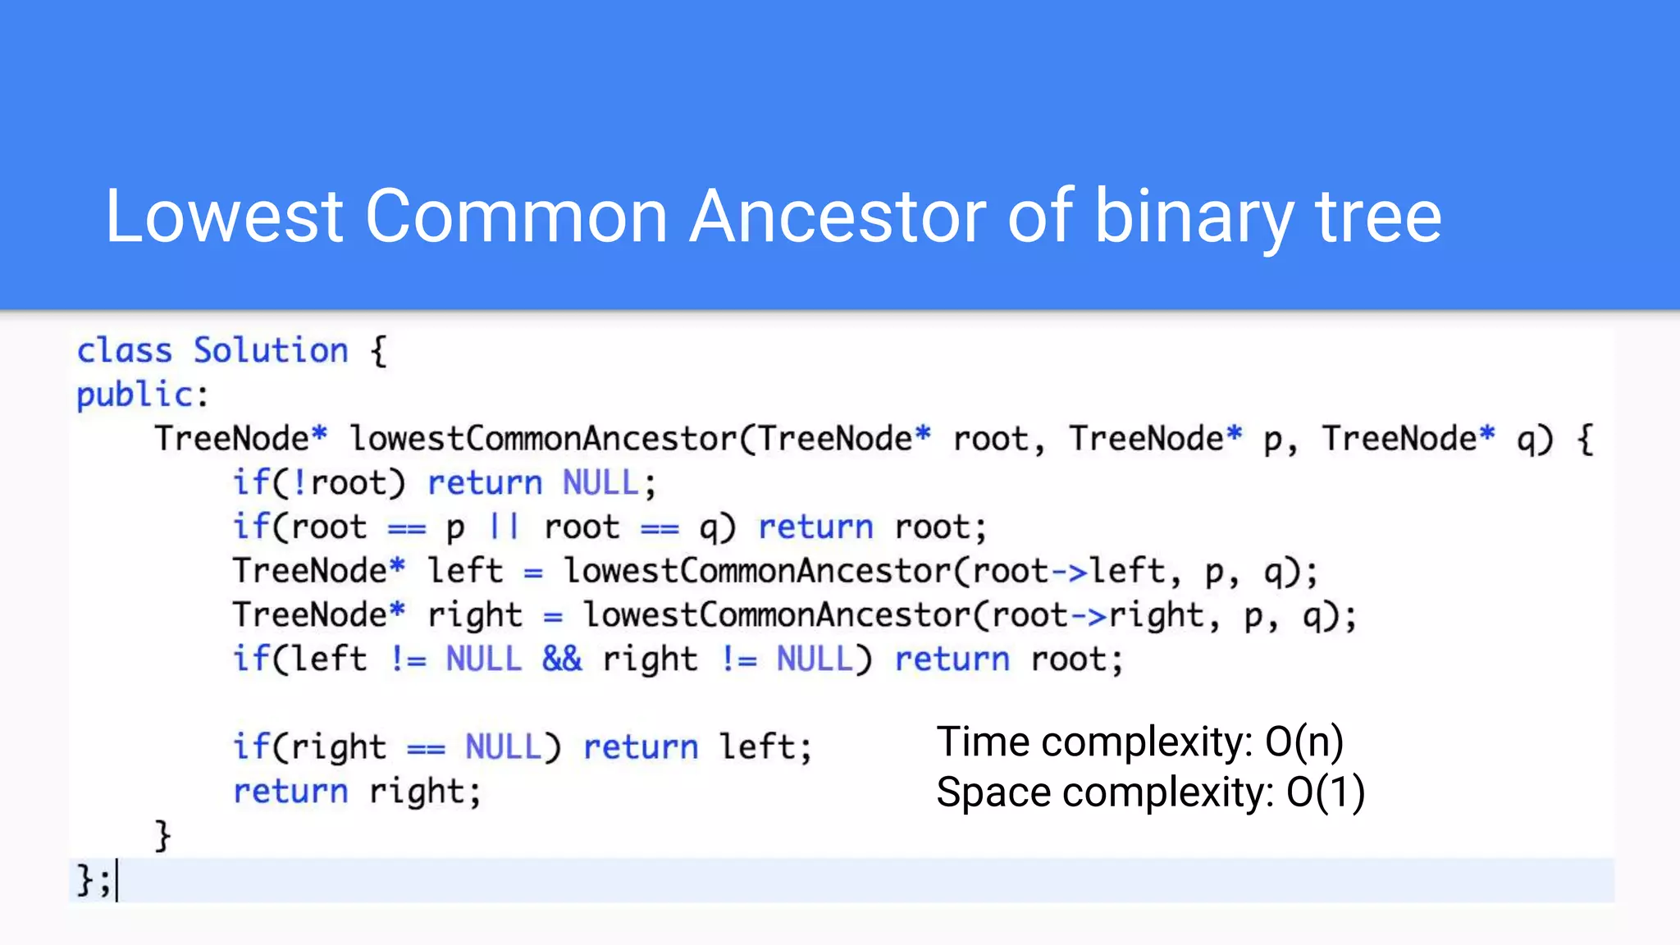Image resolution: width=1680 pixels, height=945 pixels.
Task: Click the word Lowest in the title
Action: [224, 217]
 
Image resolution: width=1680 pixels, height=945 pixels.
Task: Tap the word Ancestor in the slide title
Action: [838, 217]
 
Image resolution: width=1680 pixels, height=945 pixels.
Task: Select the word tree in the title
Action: [1378, 217]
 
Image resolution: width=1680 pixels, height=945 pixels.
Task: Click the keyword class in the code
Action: [125, 351]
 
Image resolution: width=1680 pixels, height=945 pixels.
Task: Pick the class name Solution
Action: [271, 351]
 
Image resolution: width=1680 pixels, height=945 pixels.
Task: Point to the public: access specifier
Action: [142, 395]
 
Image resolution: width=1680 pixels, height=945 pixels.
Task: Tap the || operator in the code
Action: [504, 527]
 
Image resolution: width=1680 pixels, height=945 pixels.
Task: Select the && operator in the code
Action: [562, 660]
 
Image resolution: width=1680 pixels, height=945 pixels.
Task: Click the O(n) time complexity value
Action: [1303, 742]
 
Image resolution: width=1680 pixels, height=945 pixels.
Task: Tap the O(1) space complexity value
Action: [1325, 792]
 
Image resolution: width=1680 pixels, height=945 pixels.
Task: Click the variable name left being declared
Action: [465, 572]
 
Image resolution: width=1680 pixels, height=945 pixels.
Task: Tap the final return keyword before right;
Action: [291, 792]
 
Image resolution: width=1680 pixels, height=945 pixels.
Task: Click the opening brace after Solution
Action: [378, 351]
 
